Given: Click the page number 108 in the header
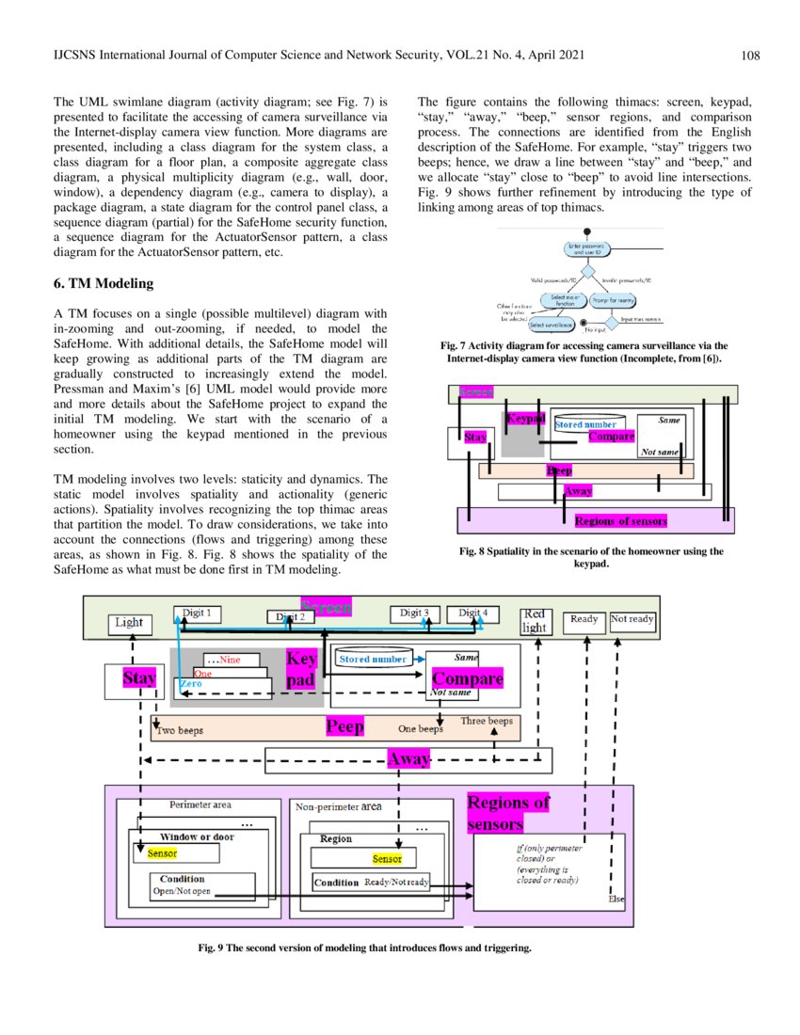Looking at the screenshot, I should pos(749,56).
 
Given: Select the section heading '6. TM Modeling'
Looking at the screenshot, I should pos(103,283).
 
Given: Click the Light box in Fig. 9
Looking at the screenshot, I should pos(129,622).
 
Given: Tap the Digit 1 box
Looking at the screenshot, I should pos(197,613).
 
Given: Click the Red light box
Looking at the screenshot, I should pos(535,621).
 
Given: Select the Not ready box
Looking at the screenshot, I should pos(632,619).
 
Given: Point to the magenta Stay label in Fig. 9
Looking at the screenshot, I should pos(139,677).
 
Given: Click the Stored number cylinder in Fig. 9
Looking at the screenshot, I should pos(374,659).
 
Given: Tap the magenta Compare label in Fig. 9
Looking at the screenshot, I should pos(467,678).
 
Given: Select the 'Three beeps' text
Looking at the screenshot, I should pos(487,722).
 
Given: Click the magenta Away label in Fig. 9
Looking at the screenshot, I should pos(409,758).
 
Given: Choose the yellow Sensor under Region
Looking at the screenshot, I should pos(387,859).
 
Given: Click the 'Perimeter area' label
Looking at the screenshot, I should pos(200,804).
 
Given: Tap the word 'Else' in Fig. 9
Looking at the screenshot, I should pos(616,899).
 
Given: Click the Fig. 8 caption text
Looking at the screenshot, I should pos(591,558).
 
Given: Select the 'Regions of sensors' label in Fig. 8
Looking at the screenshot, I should pos(620,520).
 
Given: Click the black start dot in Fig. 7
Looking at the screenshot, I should pos(588,231).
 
